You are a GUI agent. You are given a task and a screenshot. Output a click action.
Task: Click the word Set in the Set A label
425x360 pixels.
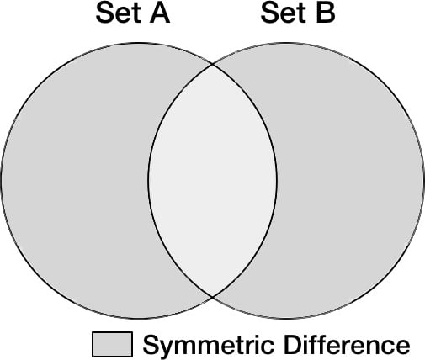pos(118,13)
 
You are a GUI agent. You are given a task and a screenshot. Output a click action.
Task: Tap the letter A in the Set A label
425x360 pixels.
pos(160,13)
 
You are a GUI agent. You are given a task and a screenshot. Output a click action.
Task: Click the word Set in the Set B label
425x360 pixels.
pos(283,13)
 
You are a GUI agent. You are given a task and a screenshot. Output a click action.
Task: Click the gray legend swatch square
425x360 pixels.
pos(112,344)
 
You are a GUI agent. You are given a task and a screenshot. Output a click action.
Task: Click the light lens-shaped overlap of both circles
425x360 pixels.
pos(212,181)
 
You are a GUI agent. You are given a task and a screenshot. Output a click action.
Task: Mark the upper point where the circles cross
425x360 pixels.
pos(212,65)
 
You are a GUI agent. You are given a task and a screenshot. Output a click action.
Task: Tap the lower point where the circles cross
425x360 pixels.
pos(212,297)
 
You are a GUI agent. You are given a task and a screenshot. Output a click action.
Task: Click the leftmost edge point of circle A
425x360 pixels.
pos(1,181)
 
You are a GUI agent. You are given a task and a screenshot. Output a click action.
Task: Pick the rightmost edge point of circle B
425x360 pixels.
pos(423,181)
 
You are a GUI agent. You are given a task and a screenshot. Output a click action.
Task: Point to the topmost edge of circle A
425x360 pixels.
pos(139,43)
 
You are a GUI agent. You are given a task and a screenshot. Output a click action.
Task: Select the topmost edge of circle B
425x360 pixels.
pos(286,43)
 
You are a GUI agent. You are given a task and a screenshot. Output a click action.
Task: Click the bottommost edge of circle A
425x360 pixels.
pos(139,319)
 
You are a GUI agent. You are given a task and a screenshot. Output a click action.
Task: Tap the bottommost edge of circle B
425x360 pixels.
pos(286,319)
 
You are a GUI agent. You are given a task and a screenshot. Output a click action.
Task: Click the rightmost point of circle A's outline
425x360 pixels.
pos(277,181)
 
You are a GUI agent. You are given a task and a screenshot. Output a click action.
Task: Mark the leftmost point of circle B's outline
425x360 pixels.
pos(148,181)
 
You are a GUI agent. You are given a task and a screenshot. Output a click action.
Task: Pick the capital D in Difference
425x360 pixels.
pos(293,344)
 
